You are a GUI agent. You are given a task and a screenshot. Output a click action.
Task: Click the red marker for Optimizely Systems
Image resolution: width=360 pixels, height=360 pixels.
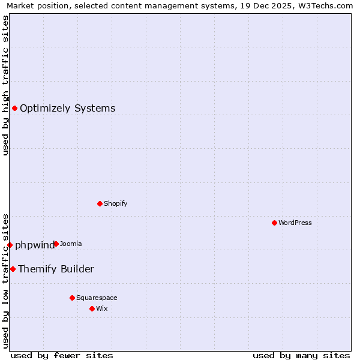pyautogui.click(x=14, y=108)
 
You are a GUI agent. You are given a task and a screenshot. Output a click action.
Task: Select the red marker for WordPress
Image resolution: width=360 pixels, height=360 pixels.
pyautogui.click(x=274, y=223)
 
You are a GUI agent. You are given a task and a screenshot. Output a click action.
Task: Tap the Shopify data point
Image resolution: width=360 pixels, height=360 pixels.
pyautogui.click(x=100, y=203)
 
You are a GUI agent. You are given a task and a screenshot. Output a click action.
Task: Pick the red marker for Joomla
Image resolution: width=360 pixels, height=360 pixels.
pyautogui.click(x=56, y=244)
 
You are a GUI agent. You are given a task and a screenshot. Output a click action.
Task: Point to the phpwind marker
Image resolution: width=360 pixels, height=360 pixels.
pyautogui.click(x=10, y=245)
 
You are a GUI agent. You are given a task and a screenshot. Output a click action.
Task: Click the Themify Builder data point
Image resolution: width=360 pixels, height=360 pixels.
pyautogui.click(x=13, y=269)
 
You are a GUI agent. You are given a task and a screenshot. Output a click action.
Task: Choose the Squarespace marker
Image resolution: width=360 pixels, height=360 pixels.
pyautogui.click(x=72, y=298)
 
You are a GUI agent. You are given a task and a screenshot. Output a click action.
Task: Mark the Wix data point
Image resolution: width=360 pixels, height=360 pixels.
pyautogui.click(x=92, y=308)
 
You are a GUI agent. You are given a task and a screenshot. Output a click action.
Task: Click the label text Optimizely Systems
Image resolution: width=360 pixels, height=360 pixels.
pyautogui.click(x=67, y=109)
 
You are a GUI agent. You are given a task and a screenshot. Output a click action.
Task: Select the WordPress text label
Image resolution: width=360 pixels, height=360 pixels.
pyautogui.click(x=295, y=223)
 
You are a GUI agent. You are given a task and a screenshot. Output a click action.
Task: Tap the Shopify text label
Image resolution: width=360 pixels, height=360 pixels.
pyautogui.click(x=115, y=203)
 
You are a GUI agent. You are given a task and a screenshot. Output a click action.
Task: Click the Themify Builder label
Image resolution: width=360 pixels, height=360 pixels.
pyautogui.click(x=56, y=269)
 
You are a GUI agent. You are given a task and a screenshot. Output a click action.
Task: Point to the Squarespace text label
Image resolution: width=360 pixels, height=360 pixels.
pyautogui.click(x=97, y=298)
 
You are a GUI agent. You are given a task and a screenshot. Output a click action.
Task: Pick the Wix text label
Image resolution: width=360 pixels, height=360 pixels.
pyautogui.click(x=102, y=308)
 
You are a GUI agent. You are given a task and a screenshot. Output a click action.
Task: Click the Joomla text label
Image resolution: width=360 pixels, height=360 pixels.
pyautogui.click(x=71, y=244)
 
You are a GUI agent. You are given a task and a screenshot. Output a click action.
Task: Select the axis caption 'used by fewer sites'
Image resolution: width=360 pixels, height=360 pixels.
pyautogui.click(x=62, y=356)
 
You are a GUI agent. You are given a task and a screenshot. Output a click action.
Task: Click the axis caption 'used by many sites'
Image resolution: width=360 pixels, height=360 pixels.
pyautogui.click(x=301, y=356)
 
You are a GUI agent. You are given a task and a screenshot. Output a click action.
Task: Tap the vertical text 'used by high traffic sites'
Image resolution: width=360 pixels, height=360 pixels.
pyautogui.click(x=6, y=85)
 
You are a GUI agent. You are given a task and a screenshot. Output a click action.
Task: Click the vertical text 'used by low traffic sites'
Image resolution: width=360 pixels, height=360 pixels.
pyautogui.click(x=6, y=281)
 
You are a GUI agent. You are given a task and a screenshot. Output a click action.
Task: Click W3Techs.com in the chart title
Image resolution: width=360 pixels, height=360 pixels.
pyautogui.click(x=328, y=6)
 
